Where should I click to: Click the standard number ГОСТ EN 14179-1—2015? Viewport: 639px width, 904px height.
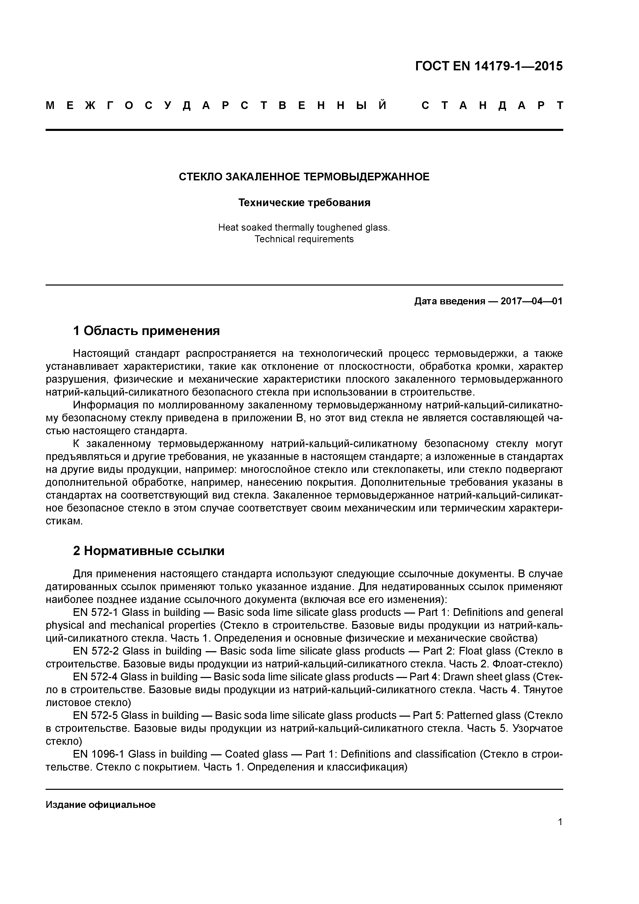pyautogui.click(x=489, y=66)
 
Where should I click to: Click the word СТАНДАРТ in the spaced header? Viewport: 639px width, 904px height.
pyautogui.click(x=492, y=105)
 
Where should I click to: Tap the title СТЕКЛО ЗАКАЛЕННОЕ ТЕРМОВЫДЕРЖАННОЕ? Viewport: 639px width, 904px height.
pyautogui.click(x=304, y=177)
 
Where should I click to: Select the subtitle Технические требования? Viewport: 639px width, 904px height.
pyautogui.click(x=304, y=203)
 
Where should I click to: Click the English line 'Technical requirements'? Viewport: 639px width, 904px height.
pyautogui.click(x=304, y=239)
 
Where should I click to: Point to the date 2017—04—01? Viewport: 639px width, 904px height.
pyautogui.click(x=531, y=301)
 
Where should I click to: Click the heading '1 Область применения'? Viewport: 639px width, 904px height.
pyautogui.click(x=146, y=331)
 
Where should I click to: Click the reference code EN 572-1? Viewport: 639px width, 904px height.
pyautogui.click(x=96, y=612)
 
